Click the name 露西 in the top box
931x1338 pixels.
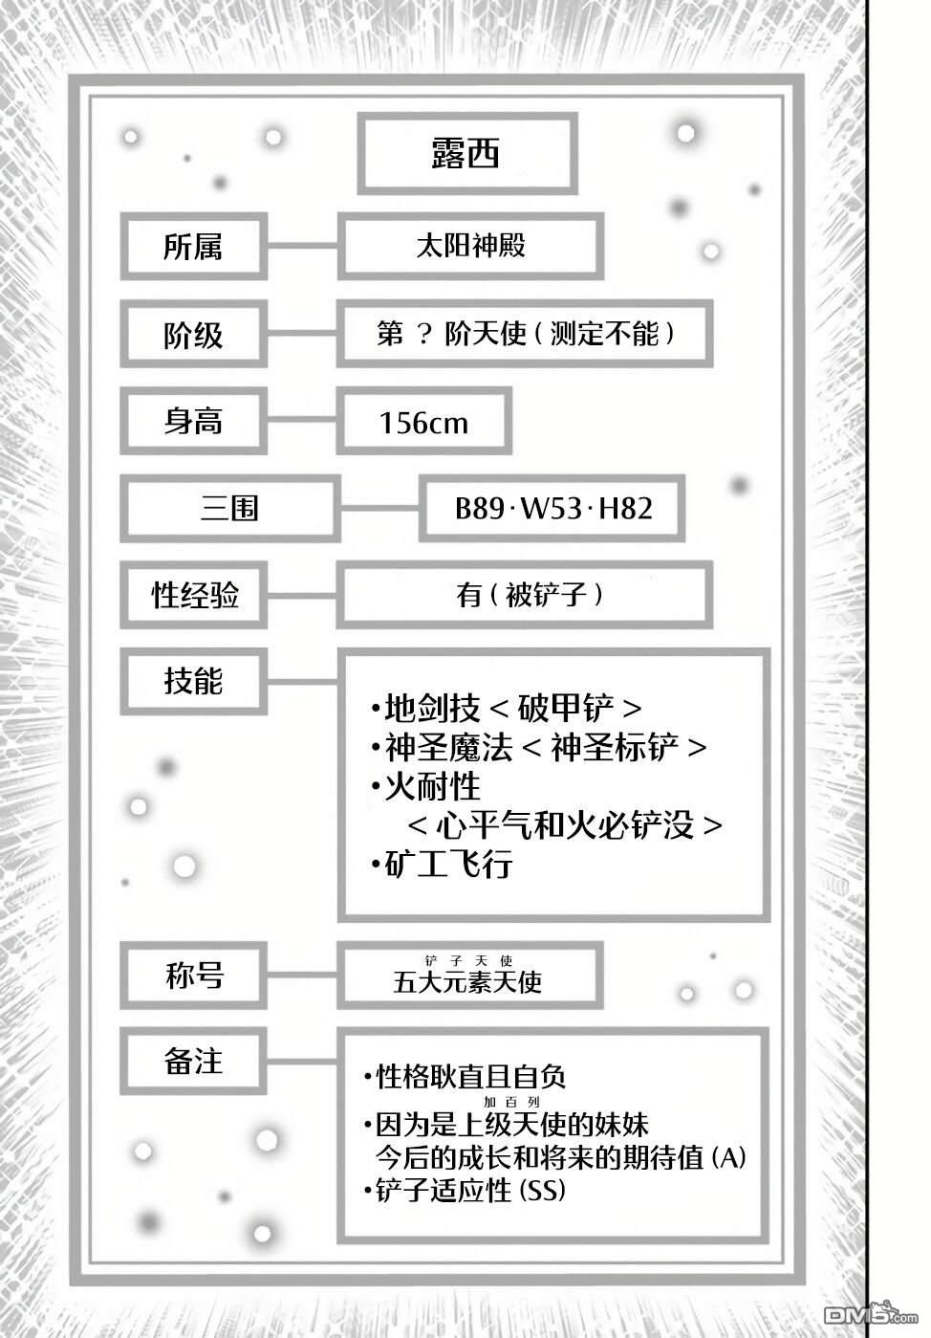pyautogui.click(x=466, y=153)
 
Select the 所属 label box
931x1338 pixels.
pyautogui.click(x=193, y=246)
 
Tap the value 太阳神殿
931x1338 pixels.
pyautogui.click(x=470, y=246)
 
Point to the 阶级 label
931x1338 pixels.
pyautogui.click(x=193, y=335)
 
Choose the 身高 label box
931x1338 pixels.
pyautogui.click(x=193, y=421)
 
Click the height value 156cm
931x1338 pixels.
pyautogui.click(x=423, y=423)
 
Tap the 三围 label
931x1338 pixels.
pyautogui.click(x=229, y=508)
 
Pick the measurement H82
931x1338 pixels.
pyautogui.click(x=625, y=508)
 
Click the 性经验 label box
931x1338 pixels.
pyautogui.click(x=193, y=594)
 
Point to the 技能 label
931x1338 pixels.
pyautogui.click(x=193, y=682)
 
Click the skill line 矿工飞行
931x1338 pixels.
pyautogui.click(x=442, y=865)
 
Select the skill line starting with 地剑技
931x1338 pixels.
pyautogui.click(x=506, y=709)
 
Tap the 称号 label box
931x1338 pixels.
pyautogui.click(x=193, y=976)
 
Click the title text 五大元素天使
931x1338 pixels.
pyautogui.click(x=467, y=982)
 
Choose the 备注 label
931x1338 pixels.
pyautogui.click(x=193, y=1062)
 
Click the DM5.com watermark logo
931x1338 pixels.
pyautogui.click(x=871, y=1314)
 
